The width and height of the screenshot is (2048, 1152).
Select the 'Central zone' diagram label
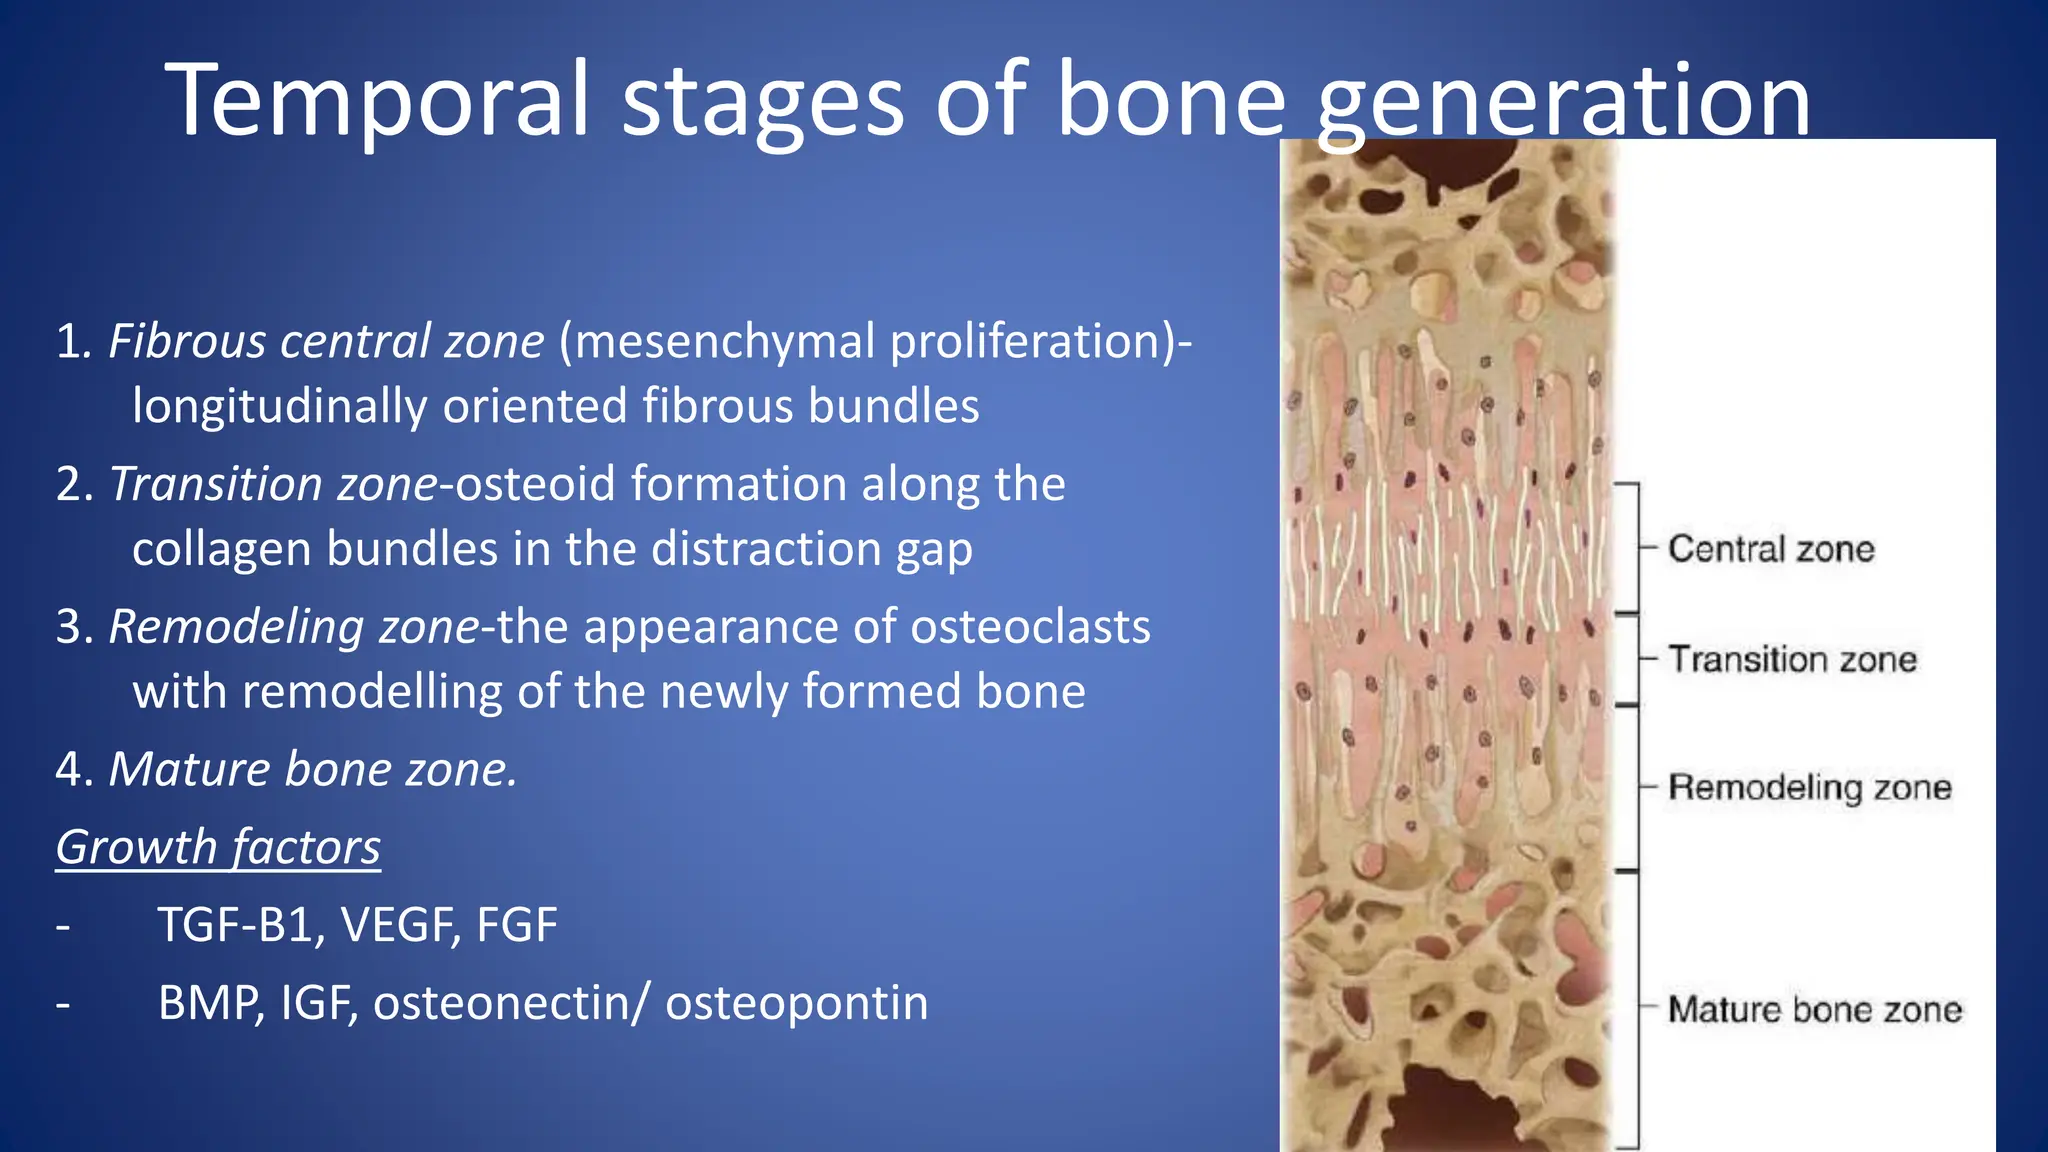tap(1771, 549)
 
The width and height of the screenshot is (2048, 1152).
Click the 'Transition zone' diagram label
tap(1792, 660)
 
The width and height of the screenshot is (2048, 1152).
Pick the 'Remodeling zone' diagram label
tap(1809, 787)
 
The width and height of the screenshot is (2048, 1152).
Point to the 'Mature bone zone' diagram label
tap(1814, 1009)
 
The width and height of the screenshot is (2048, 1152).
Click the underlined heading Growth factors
tap(218, 847)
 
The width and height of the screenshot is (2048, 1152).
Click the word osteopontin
tap(796, 1003)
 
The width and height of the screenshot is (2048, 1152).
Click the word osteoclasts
tap(1030, 627)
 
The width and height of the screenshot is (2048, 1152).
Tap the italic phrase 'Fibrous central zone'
tap(326, 342)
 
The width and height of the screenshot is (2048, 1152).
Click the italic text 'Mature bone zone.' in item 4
tap(312, 770)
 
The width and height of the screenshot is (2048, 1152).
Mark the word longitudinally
tap(279, 407)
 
